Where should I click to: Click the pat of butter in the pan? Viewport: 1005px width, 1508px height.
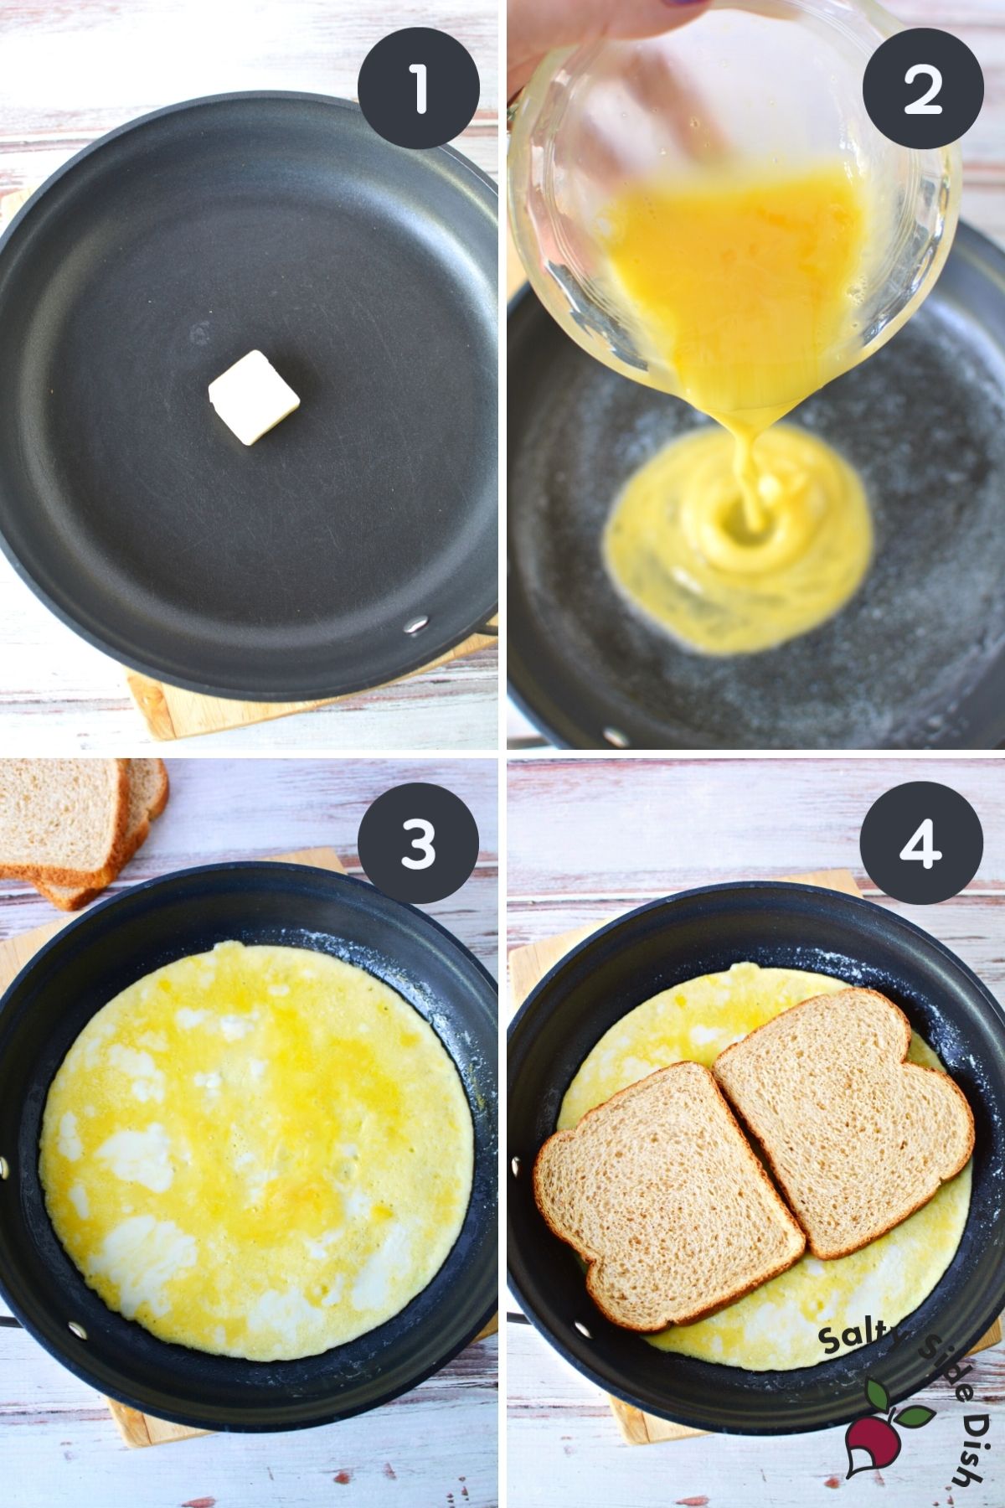tap(254, 396)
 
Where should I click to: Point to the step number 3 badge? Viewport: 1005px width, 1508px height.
tap(418, 843)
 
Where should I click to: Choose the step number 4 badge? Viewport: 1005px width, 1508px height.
tap(922, 843)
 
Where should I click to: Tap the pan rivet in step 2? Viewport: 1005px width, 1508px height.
tap(617, 736)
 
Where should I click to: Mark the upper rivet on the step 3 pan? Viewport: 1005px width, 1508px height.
tap(3, 1167)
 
